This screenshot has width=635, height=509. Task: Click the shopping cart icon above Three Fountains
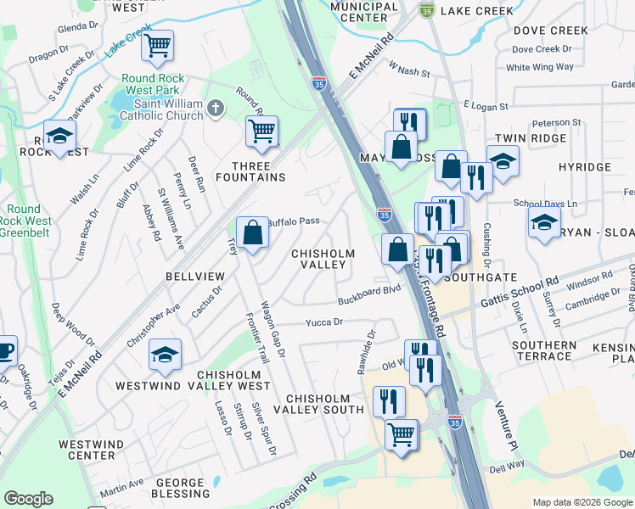pos(261,131)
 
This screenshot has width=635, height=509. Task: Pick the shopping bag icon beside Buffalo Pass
pos(253,232)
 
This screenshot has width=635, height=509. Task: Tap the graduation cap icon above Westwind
pos(165,355)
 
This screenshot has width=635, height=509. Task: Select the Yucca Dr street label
pos(323,322)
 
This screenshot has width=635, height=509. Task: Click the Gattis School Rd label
pos(519,294)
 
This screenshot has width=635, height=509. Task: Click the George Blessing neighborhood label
pos(179,488)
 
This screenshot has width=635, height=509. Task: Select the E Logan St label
pos(485,107)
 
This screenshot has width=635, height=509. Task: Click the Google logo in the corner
pos(28,499)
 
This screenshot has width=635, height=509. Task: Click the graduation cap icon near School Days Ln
pos(542,223)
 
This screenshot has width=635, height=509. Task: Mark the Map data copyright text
pos(582,502)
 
